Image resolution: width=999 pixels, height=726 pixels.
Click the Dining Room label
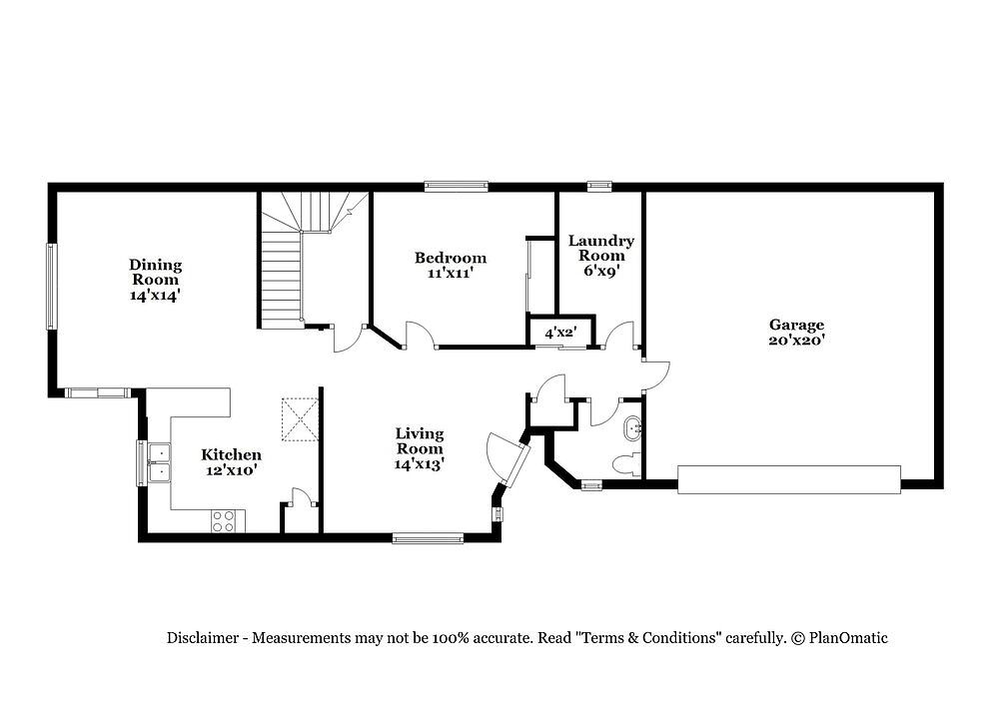[x=156, y=272]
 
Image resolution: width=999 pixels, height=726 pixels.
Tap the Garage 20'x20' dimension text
[x=796, y=341]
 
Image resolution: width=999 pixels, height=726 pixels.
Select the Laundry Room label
[x=600, y=248]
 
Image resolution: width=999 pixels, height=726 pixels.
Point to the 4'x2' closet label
[x=560, y=333]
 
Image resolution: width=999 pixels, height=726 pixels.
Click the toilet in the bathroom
[x=627, y=465]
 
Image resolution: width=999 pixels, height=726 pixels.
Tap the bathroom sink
[x=633, y=428]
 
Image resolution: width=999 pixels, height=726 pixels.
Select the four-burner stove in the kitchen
[x=228, y=520]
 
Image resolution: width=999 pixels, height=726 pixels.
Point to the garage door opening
[x=789, y=479]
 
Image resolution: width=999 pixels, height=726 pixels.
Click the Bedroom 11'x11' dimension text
[x=451, y=274]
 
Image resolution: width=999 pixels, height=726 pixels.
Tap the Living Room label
[x=420, y=440]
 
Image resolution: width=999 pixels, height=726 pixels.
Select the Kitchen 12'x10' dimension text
[x=232, y=470]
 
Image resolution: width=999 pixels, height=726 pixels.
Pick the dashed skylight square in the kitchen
[x=300, y=419]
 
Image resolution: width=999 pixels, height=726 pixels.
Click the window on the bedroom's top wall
[x=457, y=187]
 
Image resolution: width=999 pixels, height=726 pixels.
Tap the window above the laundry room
[x=599, y=187]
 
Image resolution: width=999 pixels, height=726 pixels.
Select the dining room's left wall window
[x=52, y=286]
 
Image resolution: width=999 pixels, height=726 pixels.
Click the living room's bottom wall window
[x=428, y=538]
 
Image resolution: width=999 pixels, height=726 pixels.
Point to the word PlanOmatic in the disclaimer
[x=848, y=638]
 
